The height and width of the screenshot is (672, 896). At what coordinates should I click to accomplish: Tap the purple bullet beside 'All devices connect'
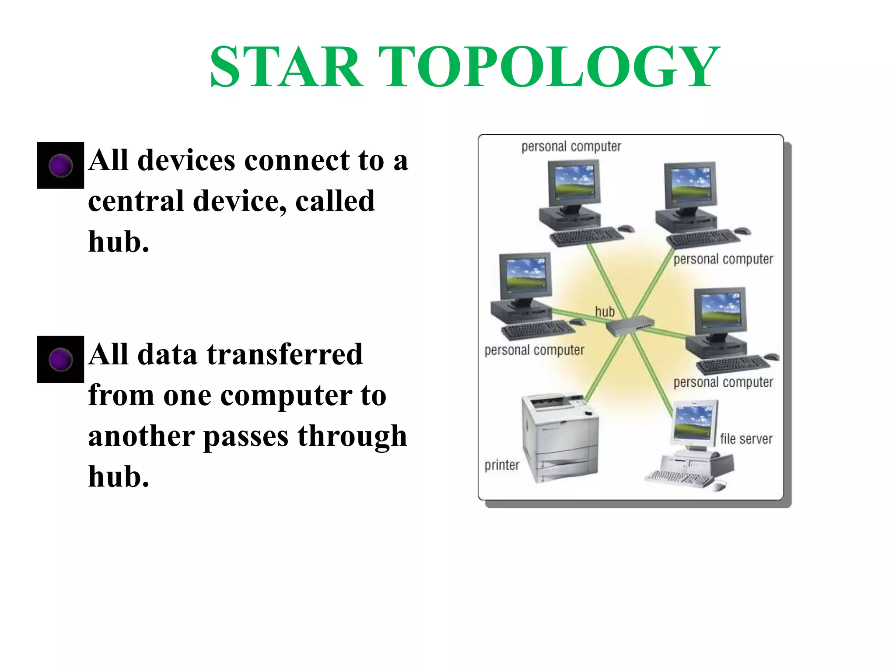pos(60,165)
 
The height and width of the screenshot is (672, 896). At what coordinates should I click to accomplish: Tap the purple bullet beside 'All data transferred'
pos(60,359)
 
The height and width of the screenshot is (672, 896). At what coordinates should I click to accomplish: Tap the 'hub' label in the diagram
pos(605,312)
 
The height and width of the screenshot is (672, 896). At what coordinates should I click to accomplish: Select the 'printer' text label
pos(502,465)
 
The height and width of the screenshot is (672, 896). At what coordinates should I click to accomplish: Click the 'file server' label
pos(746,439)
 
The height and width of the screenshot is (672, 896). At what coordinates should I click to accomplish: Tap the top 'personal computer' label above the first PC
pos(571,147)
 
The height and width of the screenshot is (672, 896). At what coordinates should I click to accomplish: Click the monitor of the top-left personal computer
pos(574,182)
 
